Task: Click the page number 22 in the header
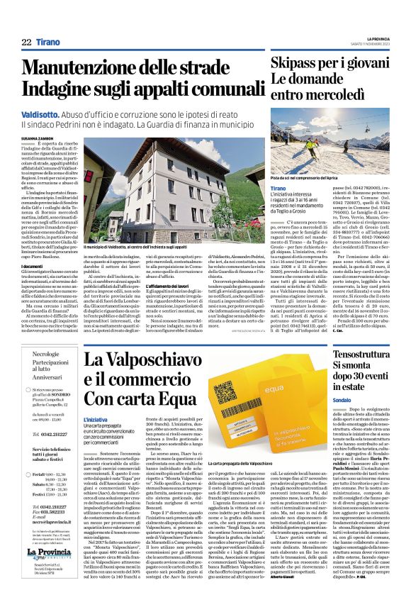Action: [26, 43]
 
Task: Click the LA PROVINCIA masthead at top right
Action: [373, 40]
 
